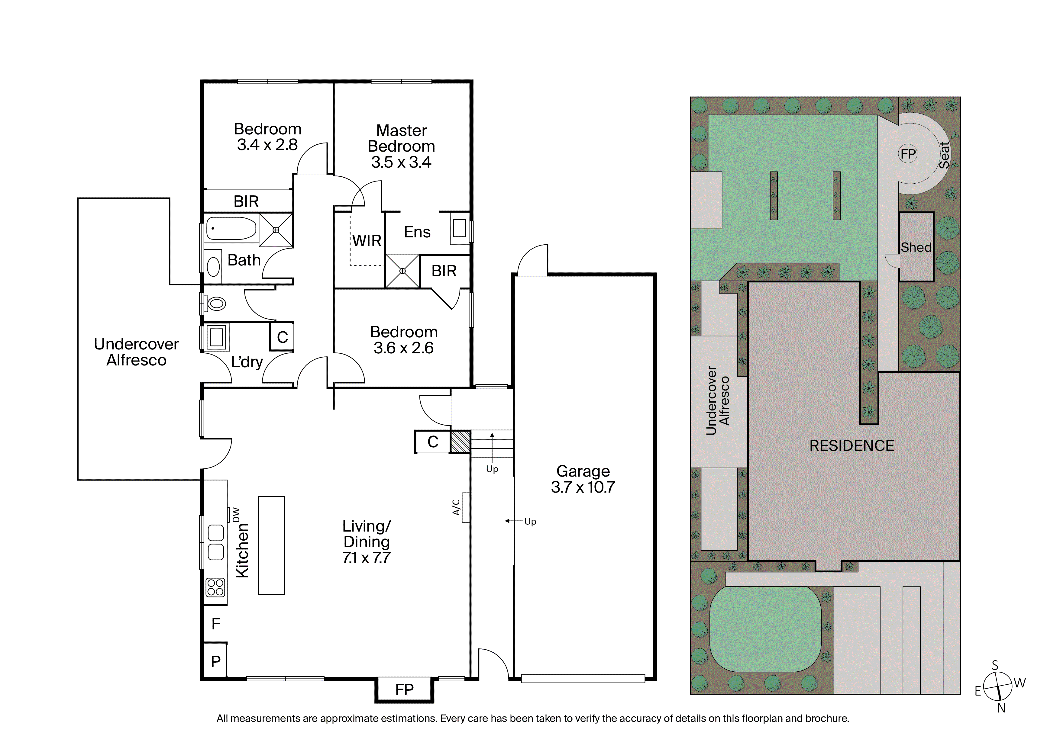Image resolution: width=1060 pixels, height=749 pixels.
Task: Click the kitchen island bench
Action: [271, 545]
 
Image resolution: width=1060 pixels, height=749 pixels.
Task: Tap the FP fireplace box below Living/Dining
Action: [404, 690]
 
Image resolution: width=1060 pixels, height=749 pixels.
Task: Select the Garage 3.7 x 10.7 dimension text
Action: [583, 487]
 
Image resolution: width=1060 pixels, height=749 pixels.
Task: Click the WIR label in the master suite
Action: [367, 240]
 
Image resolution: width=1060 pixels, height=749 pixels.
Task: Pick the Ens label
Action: [417, 232]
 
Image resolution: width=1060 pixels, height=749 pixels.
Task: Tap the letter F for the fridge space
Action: [216, 624]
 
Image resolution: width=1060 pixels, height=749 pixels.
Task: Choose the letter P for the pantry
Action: [216, 661]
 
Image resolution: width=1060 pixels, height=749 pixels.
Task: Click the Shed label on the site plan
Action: [916, 247]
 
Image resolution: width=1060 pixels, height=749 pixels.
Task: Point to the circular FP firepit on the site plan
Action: [908, 154]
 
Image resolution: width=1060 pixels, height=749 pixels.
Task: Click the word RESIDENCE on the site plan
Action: [852, 445]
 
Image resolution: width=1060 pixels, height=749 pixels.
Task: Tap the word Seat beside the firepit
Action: [944, 156]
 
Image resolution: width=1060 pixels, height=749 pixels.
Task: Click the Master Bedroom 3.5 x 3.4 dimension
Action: [401, 162]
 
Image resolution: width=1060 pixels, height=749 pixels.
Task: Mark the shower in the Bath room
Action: [276, 229]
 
